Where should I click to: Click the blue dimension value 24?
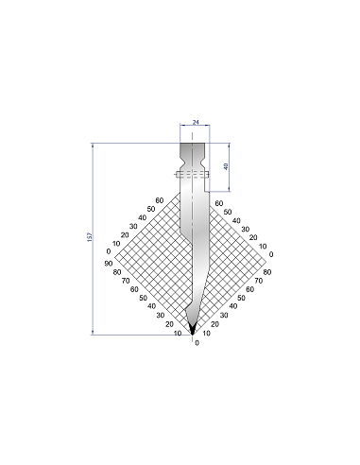pyautogui.click(x=196, y=122)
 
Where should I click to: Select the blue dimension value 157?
pyautogui.click(x=90, y=237)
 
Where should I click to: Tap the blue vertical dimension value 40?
pyautogui.click(x=226, y=166)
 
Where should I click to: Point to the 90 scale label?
pyautogui.click(x=109, y=264)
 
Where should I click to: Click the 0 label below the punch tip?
pyautogui.click(x=197, y=343)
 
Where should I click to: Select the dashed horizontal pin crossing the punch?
pyautogui.click(x=193, y=174)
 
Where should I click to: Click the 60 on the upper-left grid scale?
pyautogui.click(x=160, y=200)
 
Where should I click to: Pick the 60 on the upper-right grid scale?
pyautogui.click(x=219, y=203)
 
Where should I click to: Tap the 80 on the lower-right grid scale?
pyautogui.click(x=267, y=272)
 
